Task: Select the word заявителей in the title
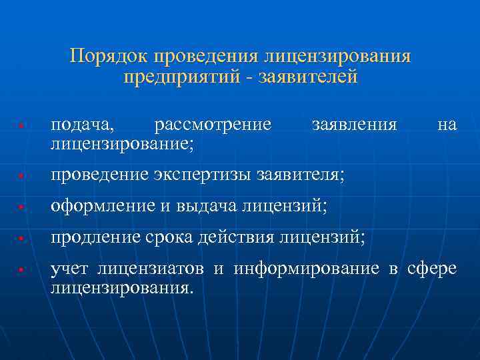[317, 77]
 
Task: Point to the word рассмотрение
[213, 125]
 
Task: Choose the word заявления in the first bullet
[354, 125]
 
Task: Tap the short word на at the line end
[447, 125]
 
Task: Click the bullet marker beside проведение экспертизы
[22, 177]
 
